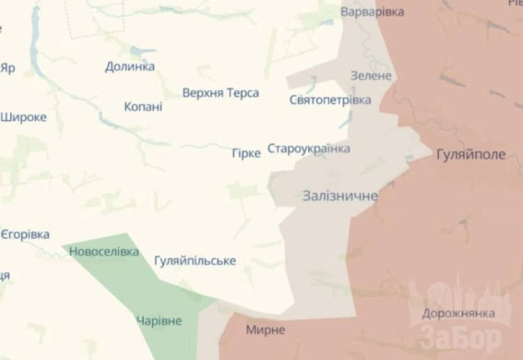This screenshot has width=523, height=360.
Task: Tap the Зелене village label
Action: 372,75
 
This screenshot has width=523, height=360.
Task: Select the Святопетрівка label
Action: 330,100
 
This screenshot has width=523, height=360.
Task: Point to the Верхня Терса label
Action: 220,93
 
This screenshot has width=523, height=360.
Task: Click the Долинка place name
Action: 130,66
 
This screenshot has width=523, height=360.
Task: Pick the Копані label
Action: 143,107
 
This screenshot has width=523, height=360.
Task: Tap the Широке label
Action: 24,117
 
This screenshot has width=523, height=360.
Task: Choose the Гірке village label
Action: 246,153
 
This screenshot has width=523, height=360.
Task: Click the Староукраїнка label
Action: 309,149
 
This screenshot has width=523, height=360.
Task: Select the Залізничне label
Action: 340,196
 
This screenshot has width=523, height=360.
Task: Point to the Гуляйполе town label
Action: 470,155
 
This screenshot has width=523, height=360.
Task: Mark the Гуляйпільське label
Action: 195,261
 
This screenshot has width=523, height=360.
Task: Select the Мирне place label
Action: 266,330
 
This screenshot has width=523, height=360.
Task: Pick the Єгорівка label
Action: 25,234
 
